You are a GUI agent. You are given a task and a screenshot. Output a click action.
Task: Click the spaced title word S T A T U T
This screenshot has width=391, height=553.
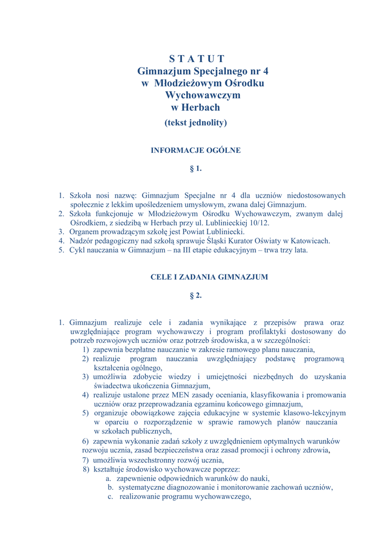197,59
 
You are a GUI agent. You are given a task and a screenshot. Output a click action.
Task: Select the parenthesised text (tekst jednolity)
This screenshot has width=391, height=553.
195,123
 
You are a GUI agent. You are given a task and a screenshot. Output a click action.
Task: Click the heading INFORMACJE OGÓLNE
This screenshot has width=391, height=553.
195,151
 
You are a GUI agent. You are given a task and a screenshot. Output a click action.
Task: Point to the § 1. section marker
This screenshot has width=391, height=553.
195,169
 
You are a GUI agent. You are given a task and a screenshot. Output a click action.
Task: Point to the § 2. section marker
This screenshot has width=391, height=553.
195,296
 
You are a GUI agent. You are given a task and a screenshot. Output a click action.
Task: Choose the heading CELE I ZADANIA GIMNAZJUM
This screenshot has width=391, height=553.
209,277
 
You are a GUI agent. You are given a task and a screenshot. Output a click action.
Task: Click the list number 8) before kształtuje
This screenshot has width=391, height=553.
86,469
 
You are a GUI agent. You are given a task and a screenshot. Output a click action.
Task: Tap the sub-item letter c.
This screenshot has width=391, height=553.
110,497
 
